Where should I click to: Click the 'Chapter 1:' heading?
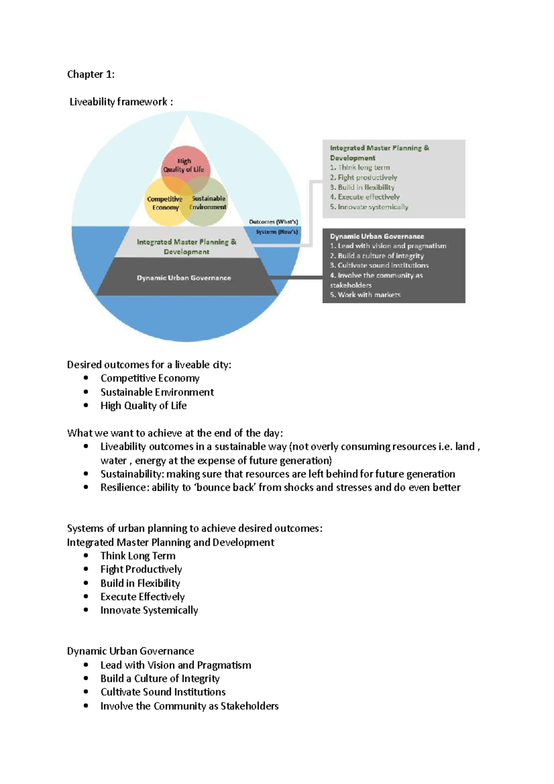[x=90, y=74]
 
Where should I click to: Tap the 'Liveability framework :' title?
[x=121, y=102]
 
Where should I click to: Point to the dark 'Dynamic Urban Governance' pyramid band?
[x=184, y=278]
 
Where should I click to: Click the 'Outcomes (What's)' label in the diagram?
[x=273, y=222]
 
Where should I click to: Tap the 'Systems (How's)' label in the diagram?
[x=277, y=232]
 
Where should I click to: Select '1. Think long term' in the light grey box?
[x=360, y=168]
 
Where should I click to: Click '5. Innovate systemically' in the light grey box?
[x=369, y=207]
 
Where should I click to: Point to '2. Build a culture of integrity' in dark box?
[x=376, y=256]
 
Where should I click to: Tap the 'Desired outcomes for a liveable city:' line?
[x=149, y=365]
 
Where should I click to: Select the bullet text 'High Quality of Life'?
[x=144, y=405]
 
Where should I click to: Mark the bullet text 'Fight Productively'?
[x=141, y=569]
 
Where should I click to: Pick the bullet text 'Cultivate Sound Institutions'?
[x=163, y=692]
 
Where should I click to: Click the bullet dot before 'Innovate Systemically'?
[x=86, y=610]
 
